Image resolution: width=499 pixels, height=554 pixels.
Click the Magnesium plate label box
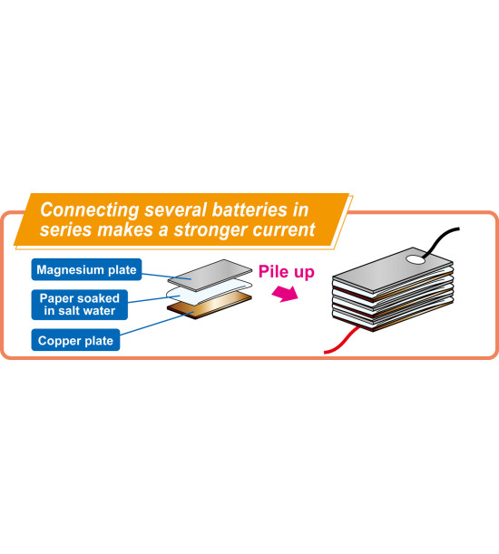pyautogui.click(x=86, y=269)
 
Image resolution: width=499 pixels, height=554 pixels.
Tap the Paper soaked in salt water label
pyautogui.click(x=80, y=305)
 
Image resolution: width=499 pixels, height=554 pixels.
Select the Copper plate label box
pyautogui.click(x=75, y=340)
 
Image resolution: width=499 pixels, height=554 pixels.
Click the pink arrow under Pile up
pyautogui.click(x=286, y=293)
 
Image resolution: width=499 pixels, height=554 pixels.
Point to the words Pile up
pyautogui.click(x=286, y=272)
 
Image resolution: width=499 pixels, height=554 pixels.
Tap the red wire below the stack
pyautogui.click(x=342, y=340)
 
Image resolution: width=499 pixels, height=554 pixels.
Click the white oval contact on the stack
pyautogui.click(x=416, y=259)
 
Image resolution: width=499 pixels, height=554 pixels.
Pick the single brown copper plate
pyautogui.click(x=210, y=306)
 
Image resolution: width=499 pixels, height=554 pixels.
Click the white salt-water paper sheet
pyautogui.click(x=210, y=292)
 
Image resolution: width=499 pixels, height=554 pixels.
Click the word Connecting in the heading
pyautogui.click(x=90, y=210)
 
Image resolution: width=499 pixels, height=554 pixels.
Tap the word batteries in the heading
pyautogui.click(x=249, y=209)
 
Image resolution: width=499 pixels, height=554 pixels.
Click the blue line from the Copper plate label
pyautogui.click(x=157, y=324)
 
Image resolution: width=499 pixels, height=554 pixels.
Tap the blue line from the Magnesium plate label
pyautogui.click(x=166, y=276)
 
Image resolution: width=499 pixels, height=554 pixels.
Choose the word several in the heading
pyautogui.click(x=175, y=209)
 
